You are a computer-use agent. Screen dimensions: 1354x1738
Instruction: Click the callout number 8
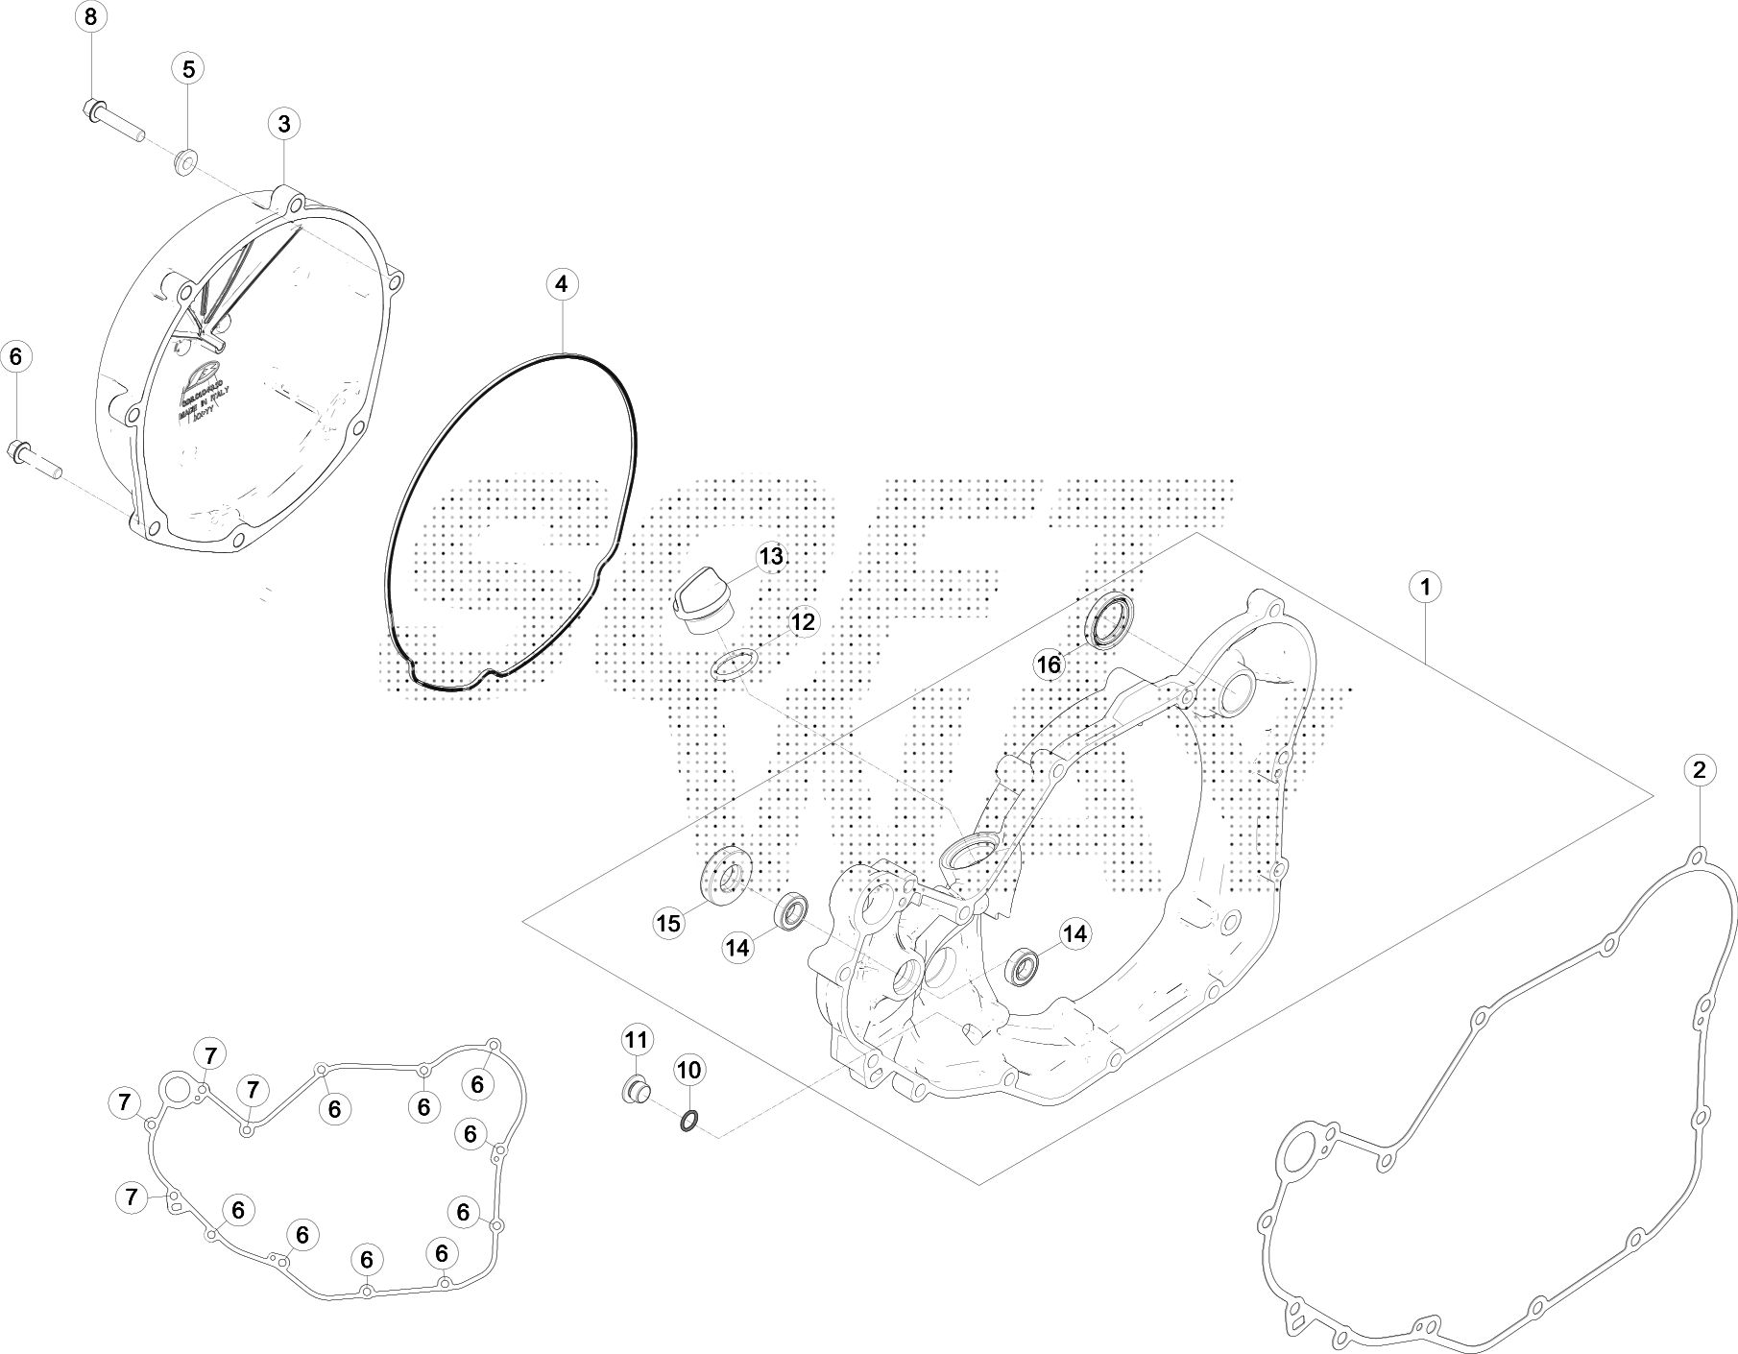tap(91, 16)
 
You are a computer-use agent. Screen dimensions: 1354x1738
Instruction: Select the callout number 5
tap(188, 69)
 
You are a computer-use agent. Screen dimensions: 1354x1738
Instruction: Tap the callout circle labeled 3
tap(284, 124)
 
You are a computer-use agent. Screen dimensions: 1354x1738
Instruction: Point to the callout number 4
tap(562, 284)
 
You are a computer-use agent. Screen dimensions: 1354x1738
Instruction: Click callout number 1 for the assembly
tap(1426, 586)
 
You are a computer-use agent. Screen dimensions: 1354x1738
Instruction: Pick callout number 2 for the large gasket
tap(1699, 769)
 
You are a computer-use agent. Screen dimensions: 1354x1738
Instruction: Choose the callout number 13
tap(771, 557)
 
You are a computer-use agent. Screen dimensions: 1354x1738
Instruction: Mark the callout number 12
tap(802, 622)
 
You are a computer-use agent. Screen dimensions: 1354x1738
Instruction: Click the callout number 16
tap(1049, 664)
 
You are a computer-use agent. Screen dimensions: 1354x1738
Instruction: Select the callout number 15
tap(668, 924)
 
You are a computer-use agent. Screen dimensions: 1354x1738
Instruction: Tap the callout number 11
tap(637, 1039)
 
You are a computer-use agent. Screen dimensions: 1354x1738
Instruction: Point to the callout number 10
tap(689, 1069)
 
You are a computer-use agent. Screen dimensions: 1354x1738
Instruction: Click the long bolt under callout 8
tap(110, 118)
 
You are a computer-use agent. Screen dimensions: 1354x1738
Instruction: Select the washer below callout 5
tap(185, 160)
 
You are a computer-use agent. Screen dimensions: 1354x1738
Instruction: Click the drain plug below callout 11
tap(635, 1091)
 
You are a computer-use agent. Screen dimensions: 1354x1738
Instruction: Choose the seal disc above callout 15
tap(725, 876)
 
